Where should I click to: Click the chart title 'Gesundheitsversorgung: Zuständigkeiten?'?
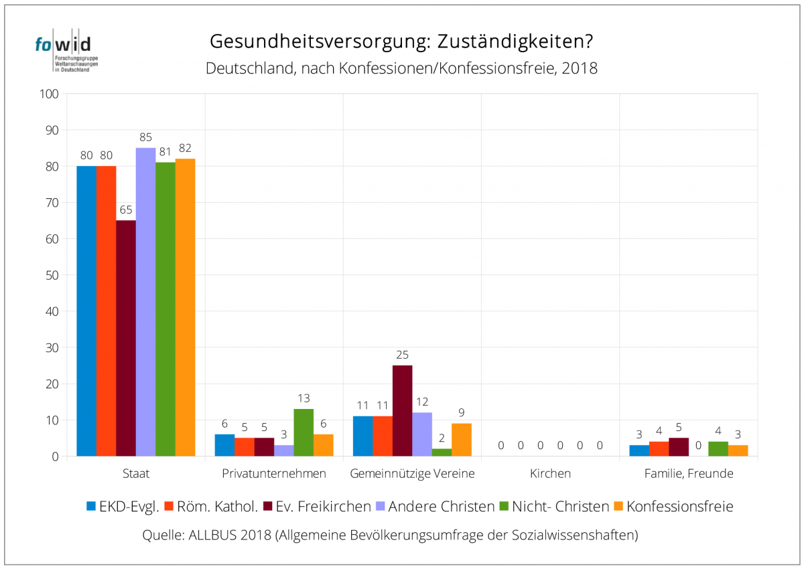point(401,42)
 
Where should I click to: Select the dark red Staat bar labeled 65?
point(126,338)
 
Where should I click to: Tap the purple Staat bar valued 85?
point(145,302)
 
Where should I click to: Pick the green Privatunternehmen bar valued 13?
point(304,432)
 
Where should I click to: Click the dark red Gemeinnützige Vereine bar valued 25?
point(402,410)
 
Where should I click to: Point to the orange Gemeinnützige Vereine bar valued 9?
point(461,440)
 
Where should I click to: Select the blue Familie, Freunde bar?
point(639,451)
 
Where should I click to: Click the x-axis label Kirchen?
point(550,473)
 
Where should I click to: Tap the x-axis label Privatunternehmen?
point(274,473)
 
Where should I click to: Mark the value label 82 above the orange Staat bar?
point(185,148)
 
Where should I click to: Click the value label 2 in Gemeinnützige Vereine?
point(442,438)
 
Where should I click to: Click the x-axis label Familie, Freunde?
point(689,473)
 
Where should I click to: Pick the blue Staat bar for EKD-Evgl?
point(86,311)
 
